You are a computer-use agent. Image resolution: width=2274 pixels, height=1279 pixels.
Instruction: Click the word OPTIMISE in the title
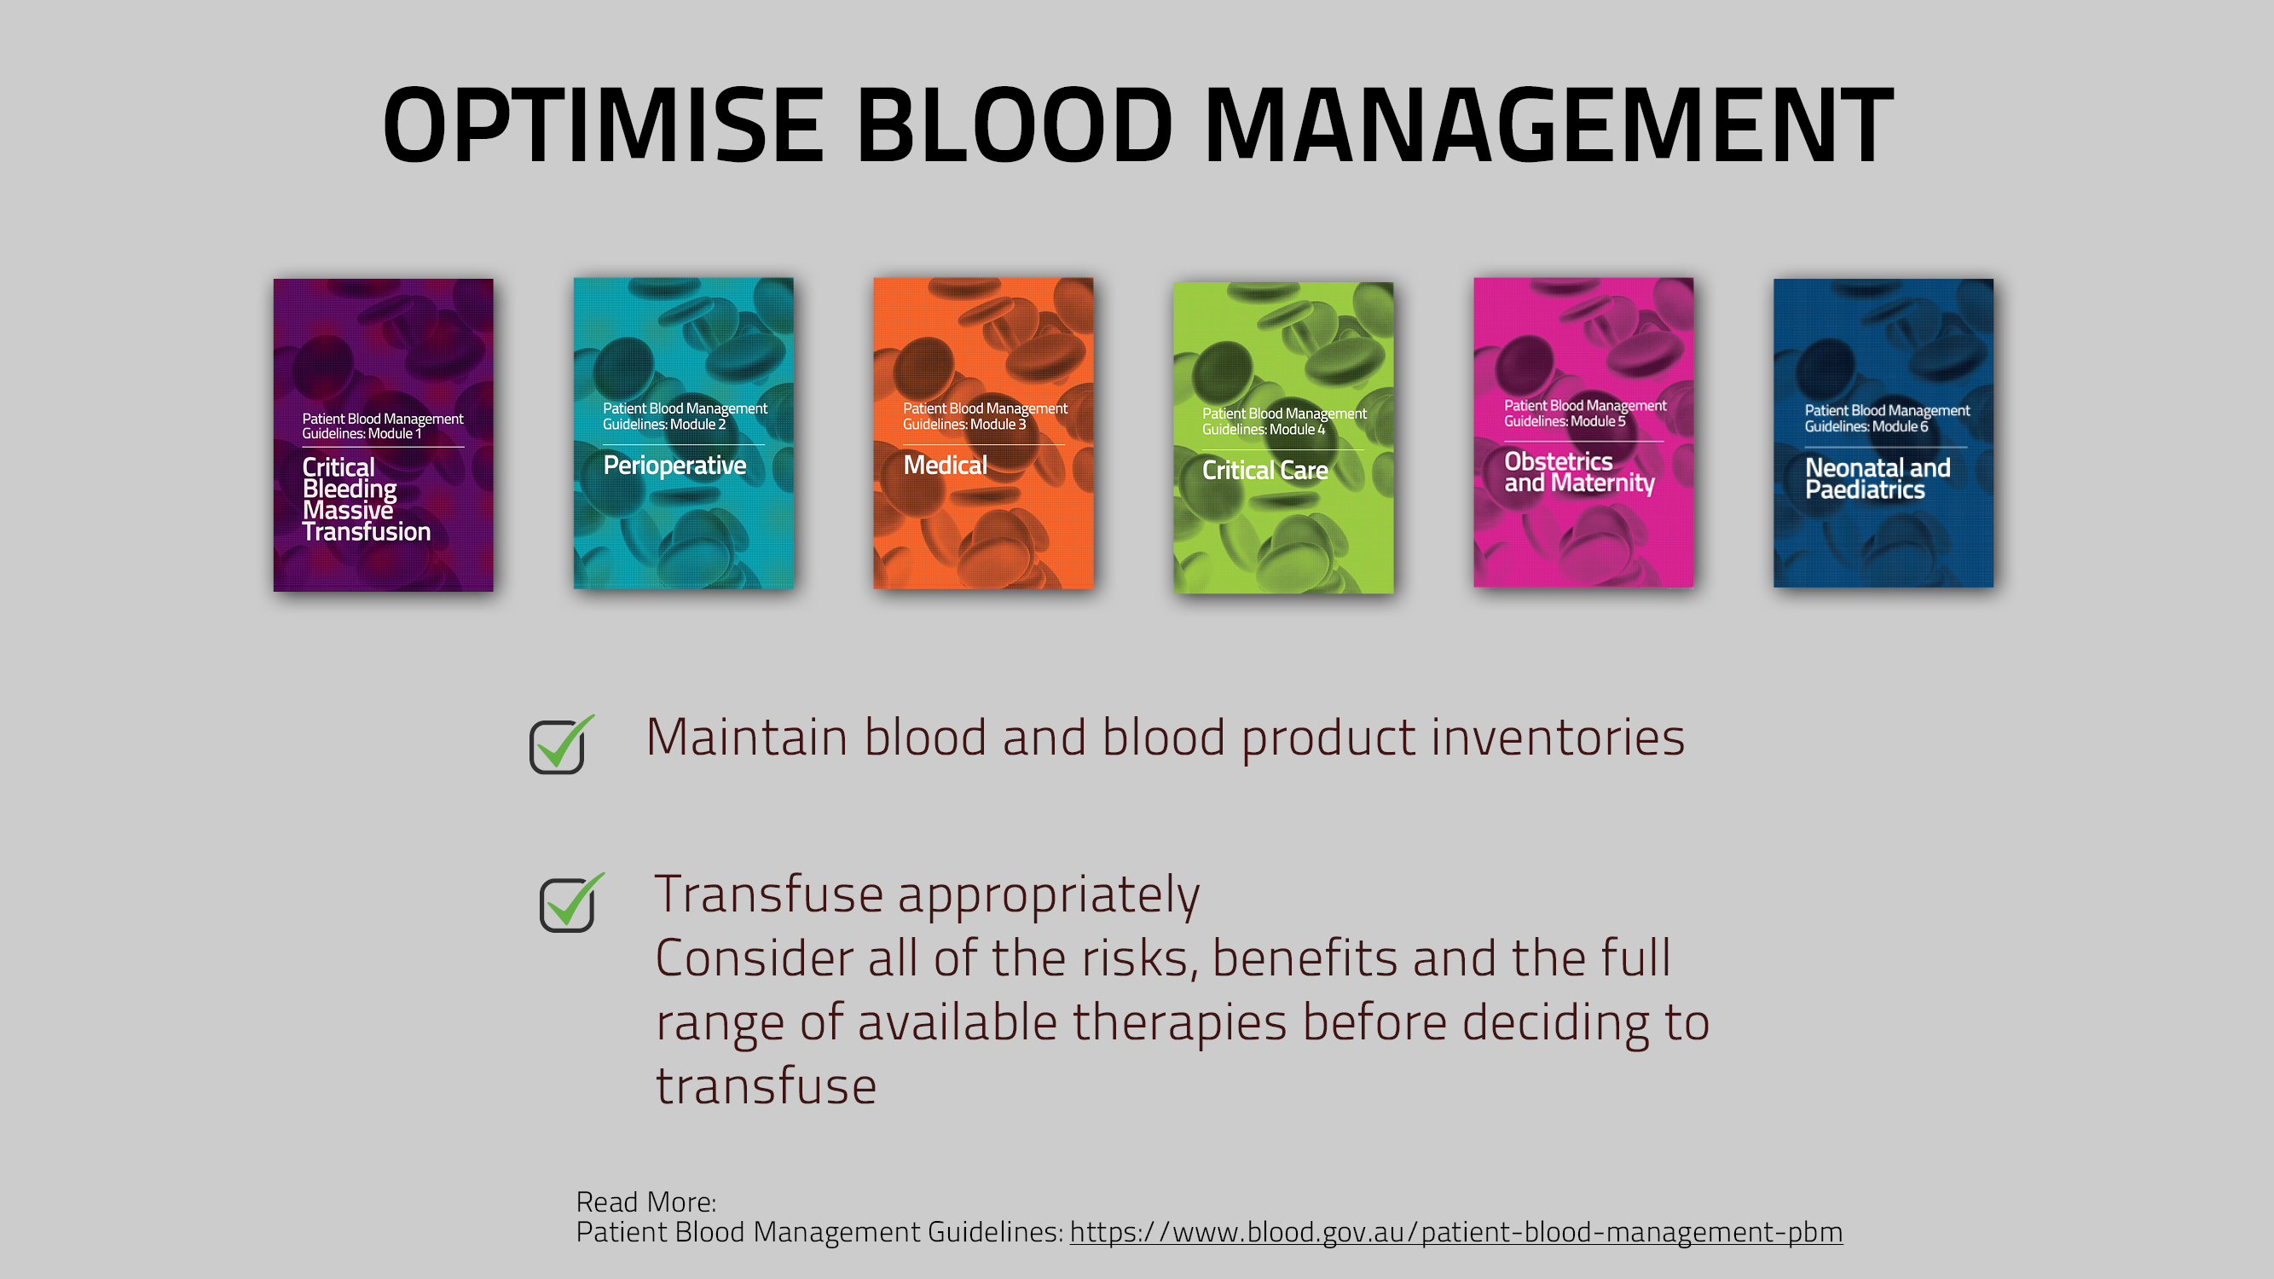pos(604,125)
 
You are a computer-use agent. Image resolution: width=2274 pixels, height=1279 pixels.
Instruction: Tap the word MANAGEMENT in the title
pos(1548,125)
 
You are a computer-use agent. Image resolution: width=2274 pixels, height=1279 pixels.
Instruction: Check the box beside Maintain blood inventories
pos(556,747)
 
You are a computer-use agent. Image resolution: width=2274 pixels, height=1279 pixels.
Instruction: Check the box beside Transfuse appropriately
pos(567,905)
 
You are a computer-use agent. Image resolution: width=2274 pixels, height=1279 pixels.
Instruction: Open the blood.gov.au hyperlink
pos(1455,1232)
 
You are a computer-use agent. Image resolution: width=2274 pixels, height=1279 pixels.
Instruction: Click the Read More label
pos(645,1201)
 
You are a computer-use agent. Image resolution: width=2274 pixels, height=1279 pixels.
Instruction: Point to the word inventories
pos(1557,737)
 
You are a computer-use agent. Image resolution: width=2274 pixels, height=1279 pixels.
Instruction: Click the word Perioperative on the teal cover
pos(674,466)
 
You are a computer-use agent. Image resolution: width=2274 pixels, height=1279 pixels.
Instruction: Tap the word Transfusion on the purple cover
pos(367,531)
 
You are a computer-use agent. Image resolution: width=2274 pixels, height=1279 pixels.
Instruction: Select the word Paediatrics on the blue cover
pos(1865,490)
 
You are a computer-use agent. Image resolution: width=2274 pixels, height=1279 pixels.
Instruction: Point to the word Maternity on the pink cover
pos(1602,483)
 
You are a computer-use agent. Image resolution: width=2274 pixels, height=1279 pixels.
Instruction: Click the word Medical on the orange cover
pos(945,466)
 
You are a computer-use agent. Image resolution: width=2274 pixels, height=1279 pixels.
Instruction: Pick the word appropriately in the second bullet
pos(1049,895)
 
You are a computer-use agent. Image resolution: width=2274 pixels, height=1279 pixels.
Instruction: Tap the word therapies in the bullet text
pos(1179,1023)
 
